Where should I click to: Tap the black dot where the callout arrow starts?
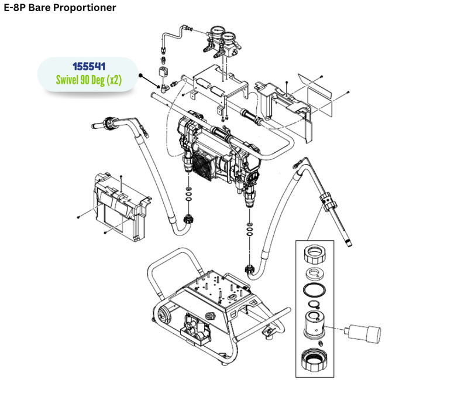(x=142, y=76)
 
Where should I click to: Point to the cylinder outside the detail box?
(x=363, y=334)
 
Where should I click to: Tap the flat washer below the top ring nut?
(x=316, y=274)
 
